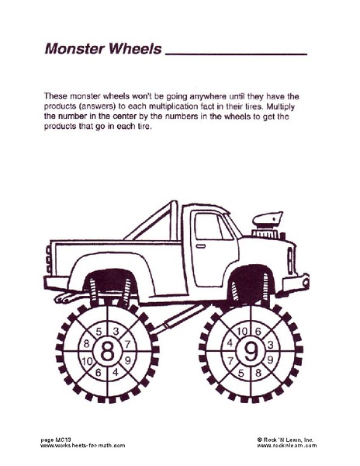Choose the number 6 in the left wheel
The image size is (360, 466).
pos(98,372)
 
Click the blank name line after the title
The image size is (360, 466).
pos(237,54)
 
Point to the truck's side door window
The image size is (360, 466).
pos(209,227)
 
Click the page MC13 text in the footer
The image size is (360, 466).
pos(58,440)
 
